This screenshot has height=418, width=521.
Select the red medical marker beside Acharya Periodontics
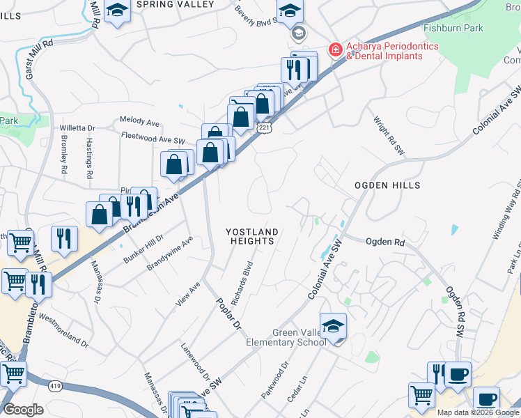pos(335,50)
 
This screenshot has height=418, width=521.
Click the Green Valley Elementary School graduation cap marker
pos(334,327)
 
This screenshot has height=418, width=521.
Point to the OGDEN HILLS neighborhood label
pos(387,185)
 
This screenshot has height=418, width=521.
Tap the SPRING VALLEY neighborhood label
pos(176,4)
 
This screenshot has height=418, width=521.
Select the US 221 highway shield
pos(263,128)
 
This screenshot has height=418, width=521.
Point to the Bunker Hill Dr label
pos(143,247)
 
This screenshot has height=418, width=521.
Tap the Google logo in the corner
pos(23,410)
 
